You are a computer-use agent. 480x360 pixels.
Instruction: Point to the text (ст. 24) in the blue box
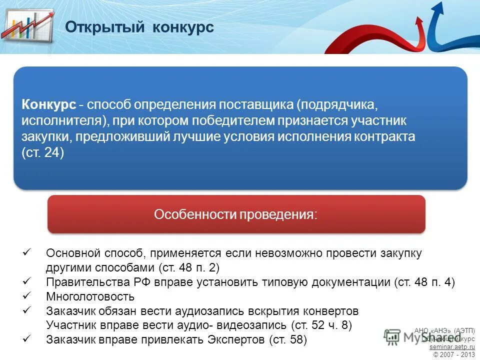pos(43,152)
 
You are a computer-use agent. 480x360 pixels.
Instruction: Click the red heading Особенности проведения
pos(235,214)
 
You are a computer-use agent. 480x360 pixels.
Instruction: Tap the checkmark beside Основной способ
pos(27,253)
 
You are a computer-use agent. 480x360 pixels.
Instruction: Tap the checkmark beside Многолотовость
pos(27,296)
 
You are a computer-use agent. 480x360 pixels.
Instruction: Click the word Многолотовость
pos(90,296)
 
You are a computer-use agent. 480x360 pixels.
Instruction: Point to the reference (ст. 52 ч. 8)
pos(321,325)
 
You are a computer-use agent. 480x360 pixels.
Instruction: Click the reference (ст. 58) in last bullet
pos(287,340)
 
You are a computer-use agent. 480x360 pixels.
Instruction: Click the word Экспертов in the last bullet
pos(239,340)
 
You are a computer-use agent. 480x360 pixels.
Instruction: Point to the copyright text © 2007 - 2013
pos(454,354)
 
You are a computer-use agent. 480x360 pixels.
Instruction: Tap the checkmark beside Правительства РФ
pos(27,281)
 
